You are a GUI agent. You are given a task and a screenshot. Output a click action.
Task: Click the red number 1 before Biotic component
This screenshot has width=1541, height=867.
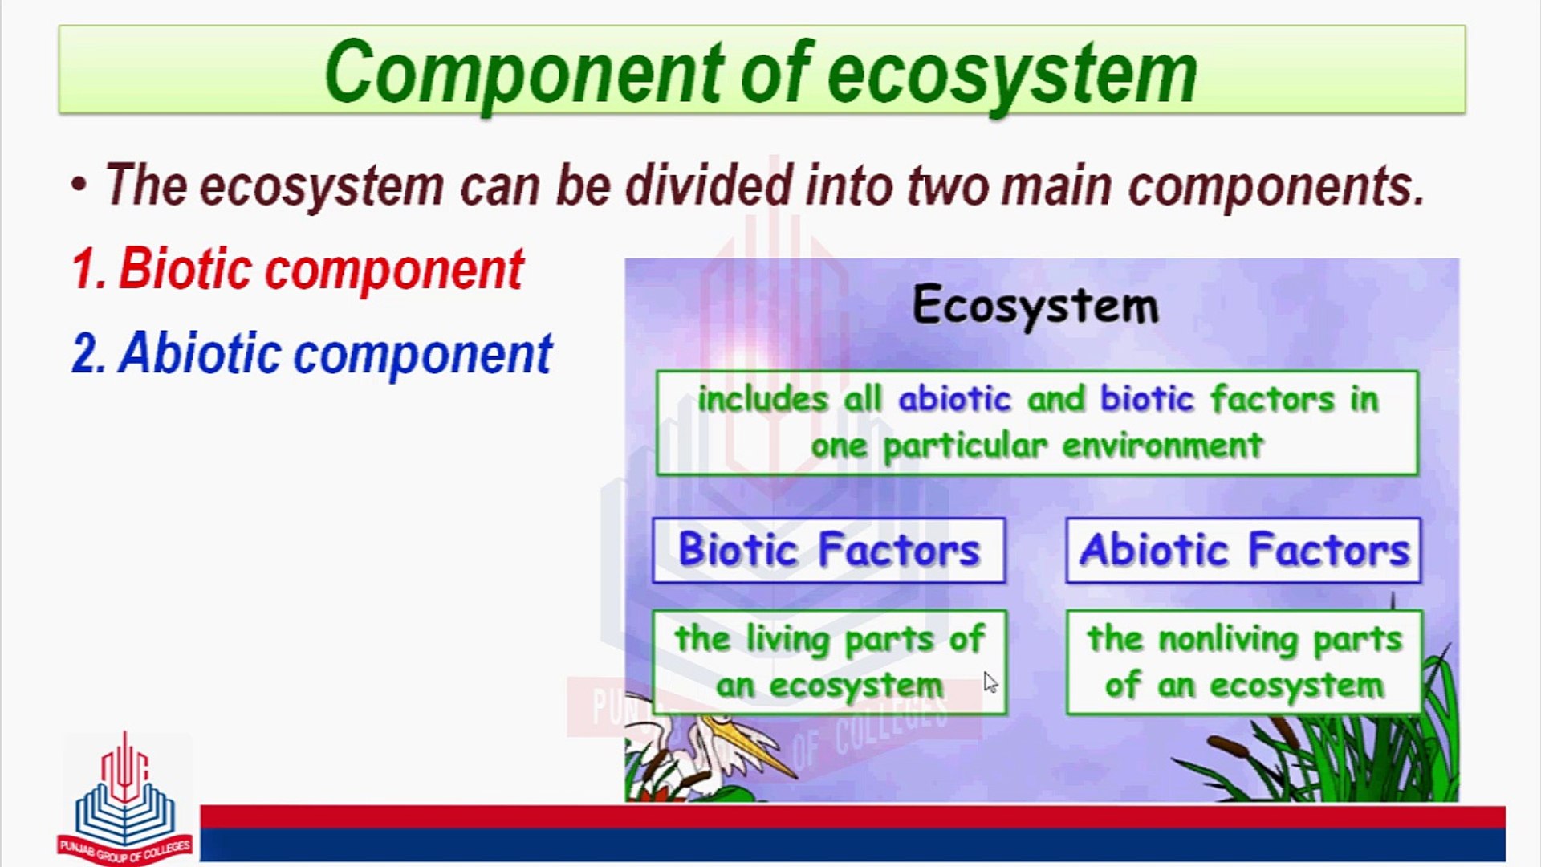pyautogui.click(x=88, y=269)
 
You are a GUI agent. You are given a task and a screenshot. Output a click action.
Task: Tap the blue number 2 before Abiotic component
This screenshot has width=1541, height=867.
pyautogui.click(x=89, y=354)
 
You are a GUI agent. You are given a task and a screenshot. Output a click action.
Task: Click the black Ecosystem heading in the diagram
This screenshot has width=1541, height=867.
pyautogui.click(x=1035, y=306)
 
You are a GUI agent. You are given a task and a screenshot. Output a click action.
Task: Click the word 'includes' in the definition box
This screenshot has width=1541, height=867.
pyautogui.click(x=762, y=399)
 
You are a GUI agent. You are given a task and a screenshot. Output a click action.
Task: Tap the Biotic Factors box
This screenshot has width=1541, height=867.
pyautogui.click(x=828, y=551)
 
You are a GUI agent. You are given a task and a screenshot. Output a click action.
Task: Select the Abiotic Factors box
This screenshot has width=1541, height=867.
pyautogui.click(x=1243, y=551)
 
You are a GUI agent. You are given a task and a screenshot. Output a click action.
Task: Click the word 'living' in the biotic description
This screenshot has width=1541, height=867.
pyautogui.click(x=787, y=640)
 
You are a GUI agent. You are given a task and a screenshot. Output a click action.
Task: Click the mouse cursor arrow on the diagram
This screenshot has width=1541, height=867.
pyautogui.click(x=990, y=682)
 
